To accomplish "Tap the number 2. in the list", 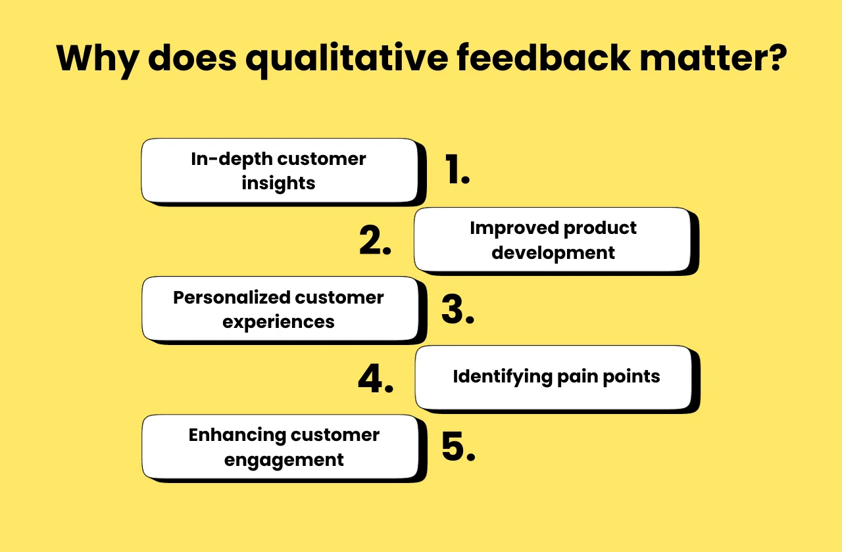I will (375, 241).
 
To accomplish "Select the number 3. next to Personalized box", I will (457, 310).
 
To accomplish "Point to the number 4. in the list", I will (376, 379).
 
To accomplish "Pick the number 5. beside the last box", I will (457, 448).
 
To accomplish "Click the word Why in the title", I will (97, 58).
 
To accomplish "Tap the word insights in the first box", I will (278, 183).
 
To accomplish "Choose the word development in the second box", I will (553, 253).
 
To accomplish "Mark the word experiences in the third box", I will (278, 323).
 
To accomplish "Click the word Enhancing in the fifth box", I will (237, 435).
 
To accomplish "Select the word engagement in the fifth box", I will (284, 460).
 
